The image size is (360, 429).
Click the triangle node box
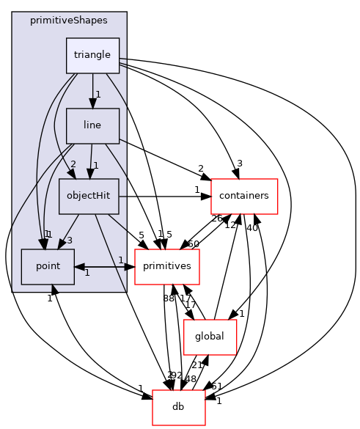tap(92, 56)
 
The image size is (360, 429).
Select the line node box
tap(92, 126)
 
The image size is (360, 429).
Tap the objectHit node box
tap(88, 197)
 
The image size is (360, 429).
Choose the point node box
tap(48, 267)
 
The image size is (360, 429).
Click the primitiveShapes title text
tap(69, 20)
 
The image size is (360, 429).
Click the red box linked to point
tap(167, 267)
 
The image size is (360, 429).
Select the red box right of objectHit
tap(244, 197)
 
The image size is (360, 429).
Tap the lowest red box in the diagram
tap(178, 408)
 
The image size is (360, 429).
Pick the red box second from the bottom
tap(210, 337)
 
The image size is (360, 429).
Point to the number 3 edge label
tap(70, 241)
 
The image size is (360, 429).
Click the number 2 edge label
tap(73, 164)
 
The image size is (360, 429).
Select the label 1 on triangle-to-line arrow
tap(98, 95)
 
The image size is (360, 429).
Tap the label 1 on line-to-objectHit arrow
tap(95, 165)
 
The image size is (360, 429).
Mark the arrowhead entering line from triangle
tap(92, 103)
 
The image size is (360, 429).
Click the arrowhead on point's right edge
tap(79, 267)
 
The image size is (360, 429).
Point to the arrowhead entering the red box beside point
tap(130, 267)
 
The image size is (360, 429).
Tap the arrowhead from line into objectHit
tap(89, 174)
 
